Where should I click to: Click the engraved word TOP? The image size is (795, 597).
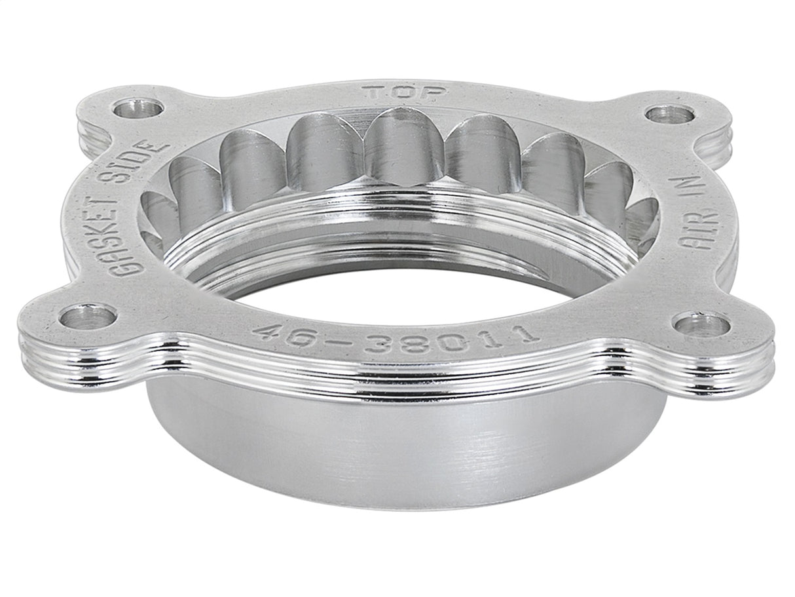[x=405, y=92]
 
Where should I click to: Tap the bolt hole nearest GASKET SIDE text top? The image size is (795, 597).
[x=138, y=107]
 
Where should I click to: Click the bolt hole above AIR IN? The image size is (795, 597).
[x=669, y=114]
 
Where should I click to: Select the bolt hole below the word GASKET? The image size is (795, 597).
[x=87, y=317]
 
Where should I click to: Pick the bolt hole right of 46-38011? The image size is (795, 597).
[x=701, y=323]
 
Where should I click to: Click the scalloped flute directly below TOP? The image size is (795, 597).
[x=401, y=147]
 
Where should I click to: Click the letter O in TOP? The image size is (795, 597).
[x=405, y=92]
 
